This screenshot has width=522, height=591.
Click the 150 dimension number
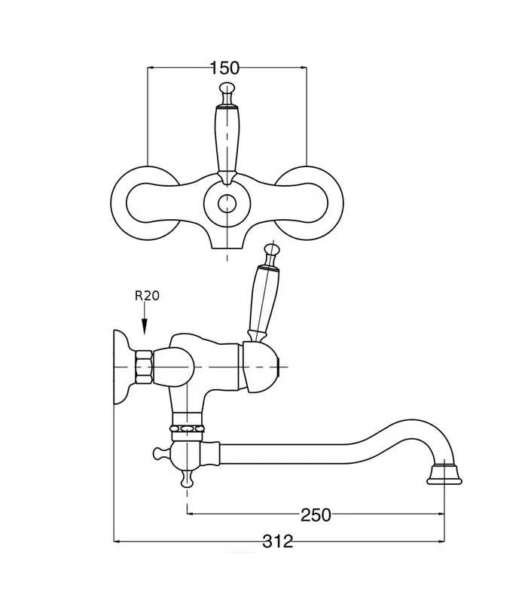coord(224,68)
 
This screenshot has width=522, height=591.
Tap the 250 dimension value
coord(316,514)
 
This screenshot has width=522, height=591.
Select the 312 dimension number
coord(278,541)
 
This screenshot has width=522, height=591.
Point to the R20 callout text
coord(147,296)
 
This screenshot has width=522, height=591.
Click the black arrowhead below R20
coord(144,327)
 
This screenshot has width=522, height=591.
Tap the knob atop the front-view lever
coord(227,88)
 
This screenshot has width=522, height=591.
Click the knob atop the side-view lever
coord(273,249)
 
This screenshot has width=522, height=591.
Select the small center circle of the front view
coord(227,203)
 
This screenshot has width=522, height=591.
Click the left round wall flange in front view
coord(119,203)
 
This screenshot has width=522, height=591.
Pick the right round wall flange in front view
coord(335,203)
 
